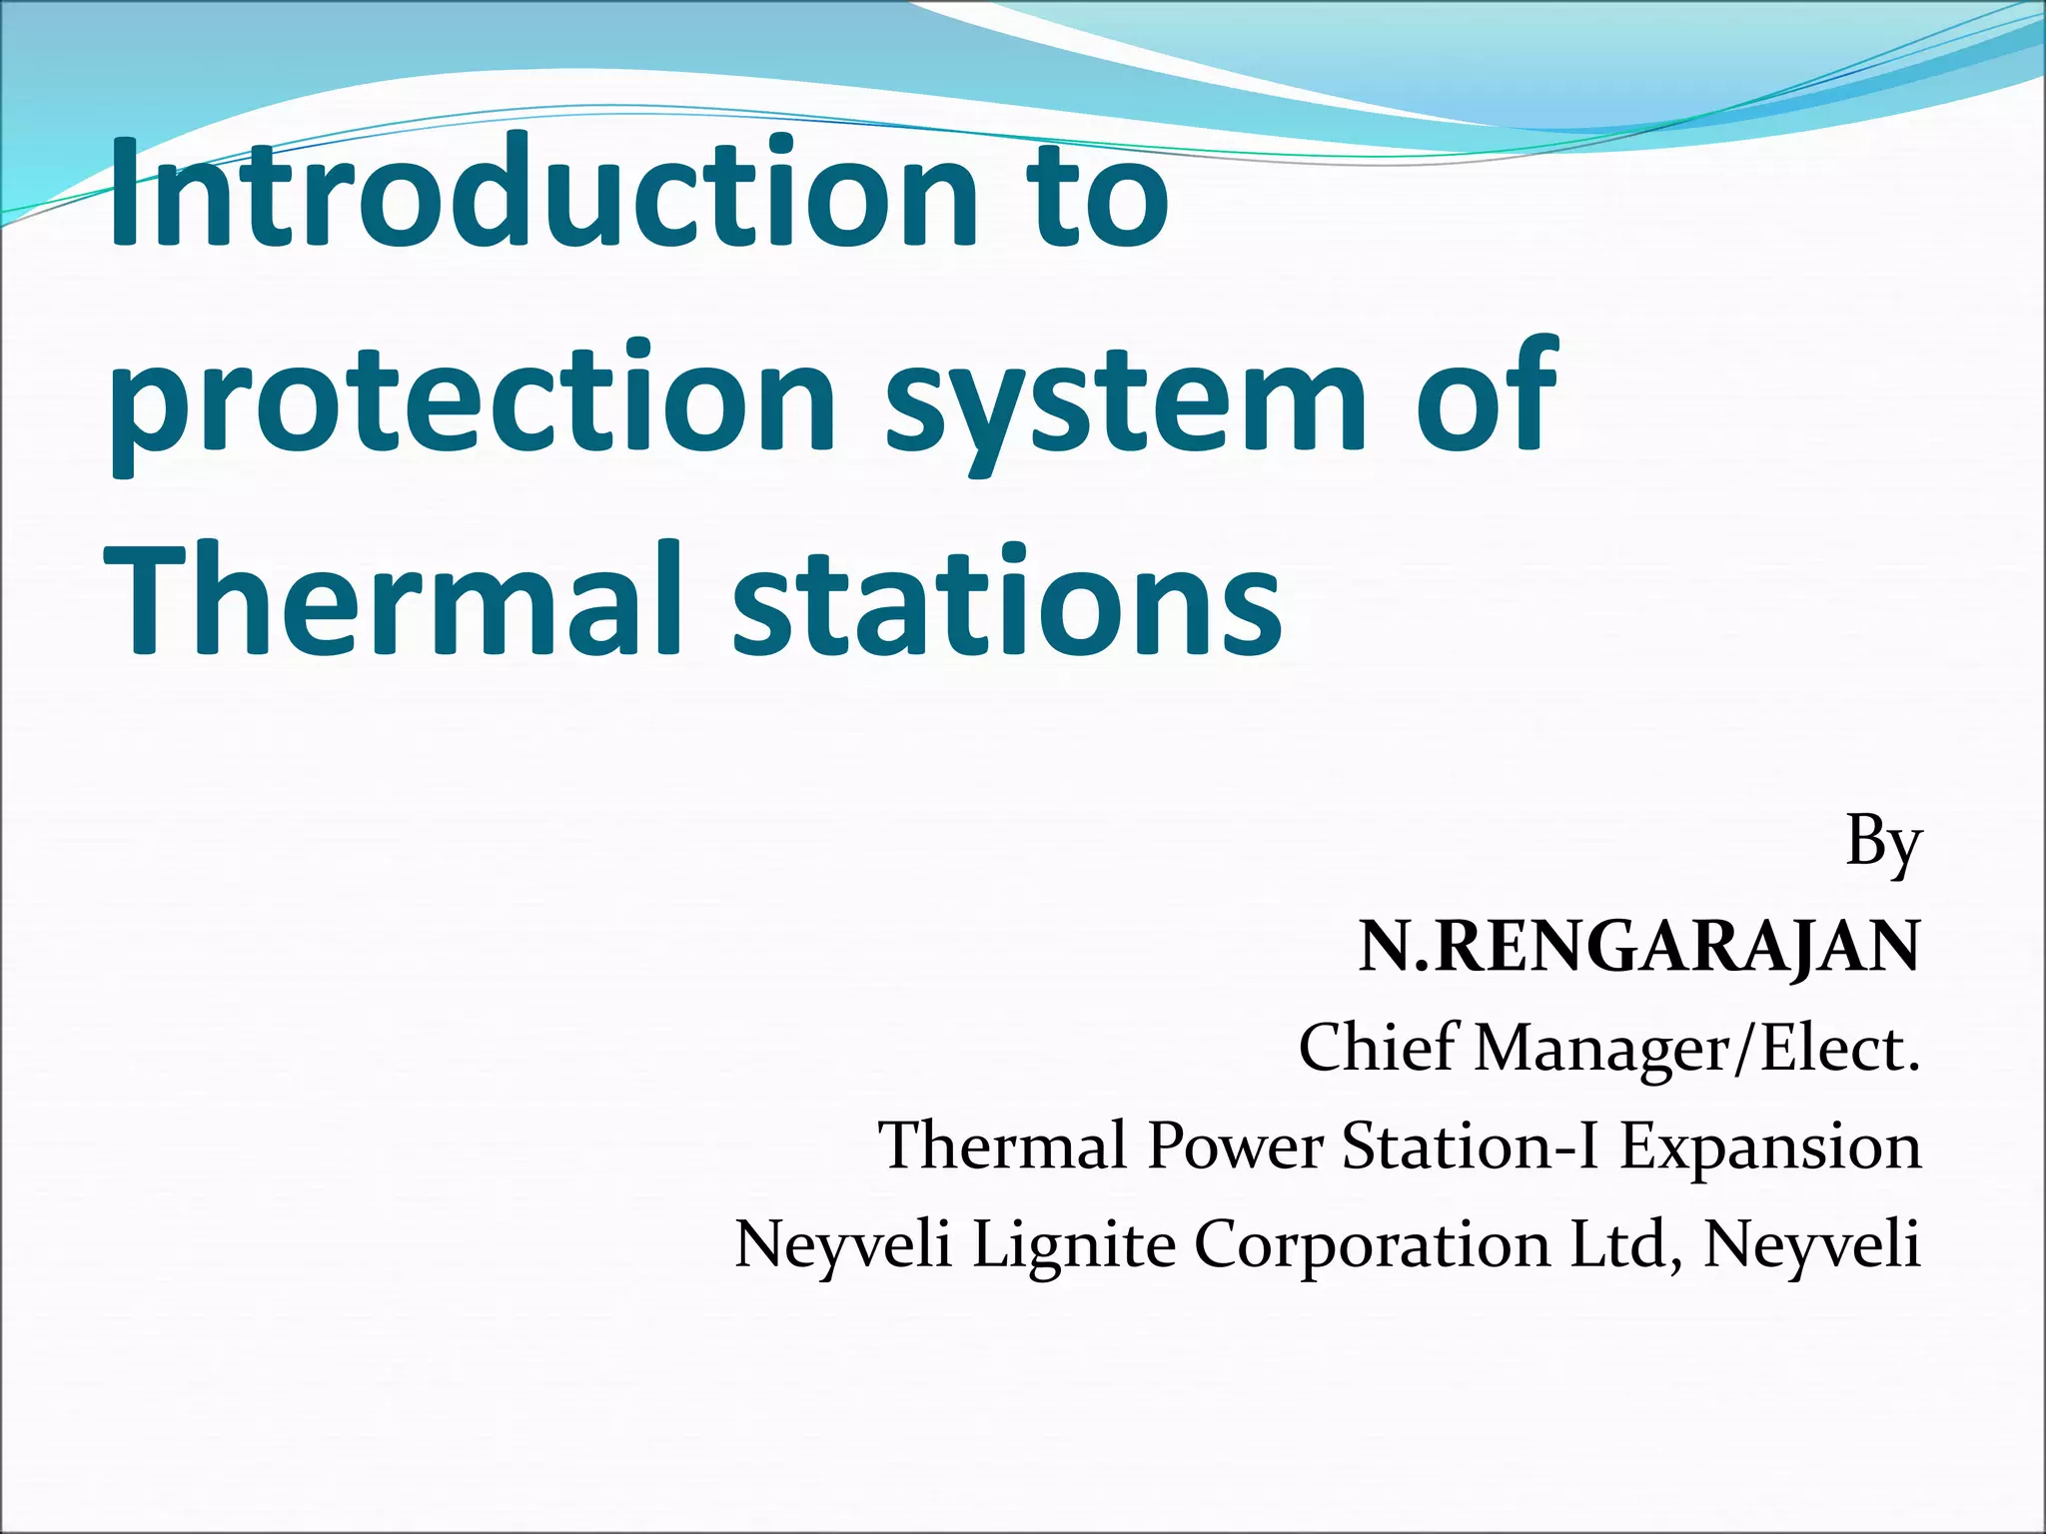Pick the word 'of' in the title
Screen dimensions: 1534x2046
tap(1489, 395)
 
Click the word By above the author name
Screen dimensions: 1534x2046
tap(1883, 845)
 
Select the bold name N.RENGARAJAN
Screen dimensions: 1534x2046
tap(1638, 947)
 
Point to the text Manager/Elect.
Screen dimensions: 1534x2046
tap(1697, 1048)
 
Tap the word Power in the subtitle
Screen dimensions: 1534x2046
tap(1235, 1146)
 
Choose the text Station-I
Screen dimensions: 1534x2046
tap(1471, 1146)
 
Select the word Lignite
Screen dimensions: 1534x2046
tap(1074, 1244)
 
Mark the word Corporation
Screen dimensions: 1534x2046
tap(1373, 1244)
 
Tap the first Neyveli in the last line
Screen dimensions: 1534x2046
tap(843, 1244)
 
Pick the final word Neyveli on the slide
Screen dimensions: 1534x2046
tap(1811, 1244)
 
